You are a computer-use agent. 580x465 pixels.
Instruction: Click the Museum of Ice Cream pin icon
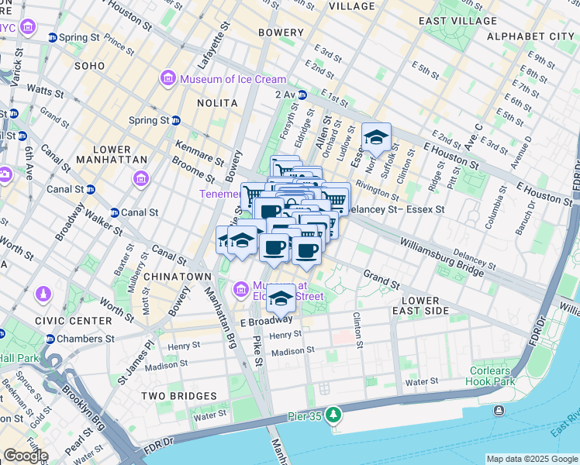tap(167, 79)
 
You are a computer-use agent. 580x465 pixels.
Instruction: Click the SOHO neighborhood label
tap(95, 66)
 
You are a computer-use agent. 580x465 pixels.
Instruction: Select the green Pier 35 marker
tap(333, 415)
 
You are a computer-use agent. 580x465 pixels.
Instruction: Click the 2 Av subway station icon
tap(302, 95)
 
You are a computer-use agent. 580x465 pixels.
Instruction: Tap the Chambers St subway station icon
tap(50, 339)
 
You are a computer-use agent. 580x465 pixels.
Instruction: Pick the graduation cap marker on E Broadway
tap(281, 298)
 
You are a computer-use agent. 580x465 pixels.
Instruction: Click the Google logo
tap(25, 456)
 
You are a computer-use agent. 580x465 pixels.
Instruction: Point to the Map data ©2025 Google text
tap(531, 459)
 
